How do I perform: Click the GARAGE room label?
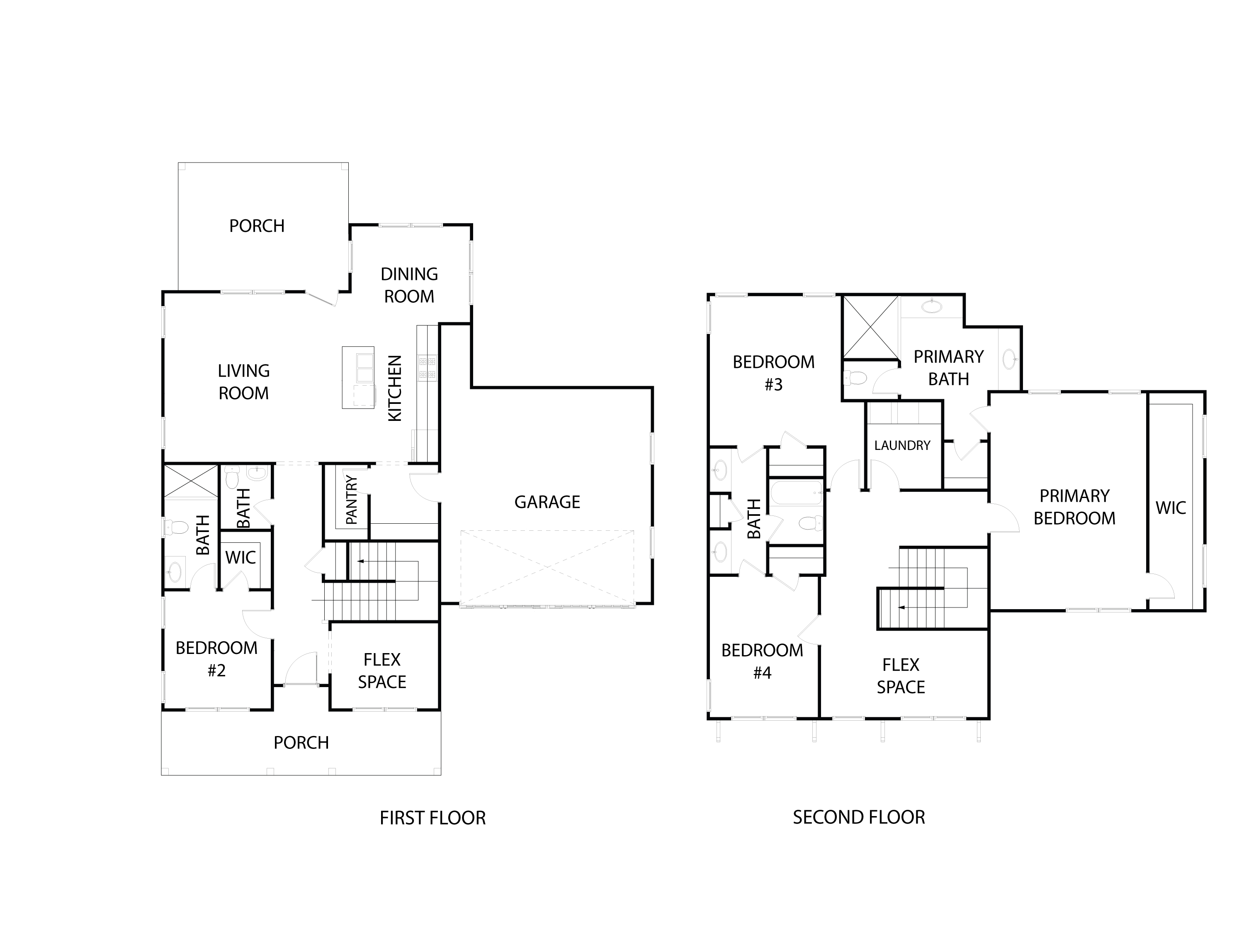547,502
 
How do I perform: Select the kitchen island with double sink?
358,377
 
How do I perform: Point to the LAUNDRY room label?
902,445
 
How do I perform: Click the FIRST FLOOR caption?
432,818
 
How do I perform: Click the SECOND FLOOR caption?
859,817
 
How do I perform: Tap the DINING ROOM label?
409,285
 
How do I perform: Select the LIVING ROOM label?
243,382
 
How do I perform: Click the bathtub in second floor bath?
796,493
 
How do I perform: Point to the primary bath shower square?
870,327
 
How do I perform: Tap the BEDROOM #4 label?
762,661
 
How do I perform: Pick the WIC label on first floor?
240,558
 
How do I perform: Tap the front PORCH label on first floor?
301,743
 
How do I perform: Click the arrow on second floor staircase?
901,607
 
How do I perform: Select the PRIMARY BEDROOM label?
1074,507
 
